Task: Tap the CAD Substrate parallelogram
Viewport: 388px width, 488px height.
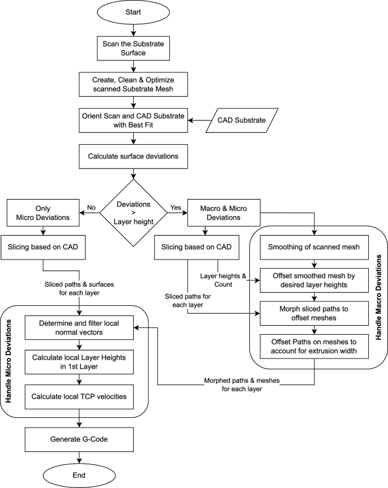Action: pyautogui.click(x=241, y=120)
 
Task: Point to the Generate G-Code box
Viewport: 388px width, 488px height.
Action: pyautogui.click(x=79, y=439)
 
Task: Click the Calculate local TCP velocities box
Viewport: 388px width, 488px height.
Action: pyautogui.click(x=79, y=400)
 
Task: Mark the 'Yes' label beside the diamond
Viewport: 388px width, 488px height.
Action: pyautogui.click(x=176, y=208)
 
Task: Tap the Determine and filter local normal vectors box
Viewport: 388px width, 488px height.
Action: pyautogui.click(x=79, y=327)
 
